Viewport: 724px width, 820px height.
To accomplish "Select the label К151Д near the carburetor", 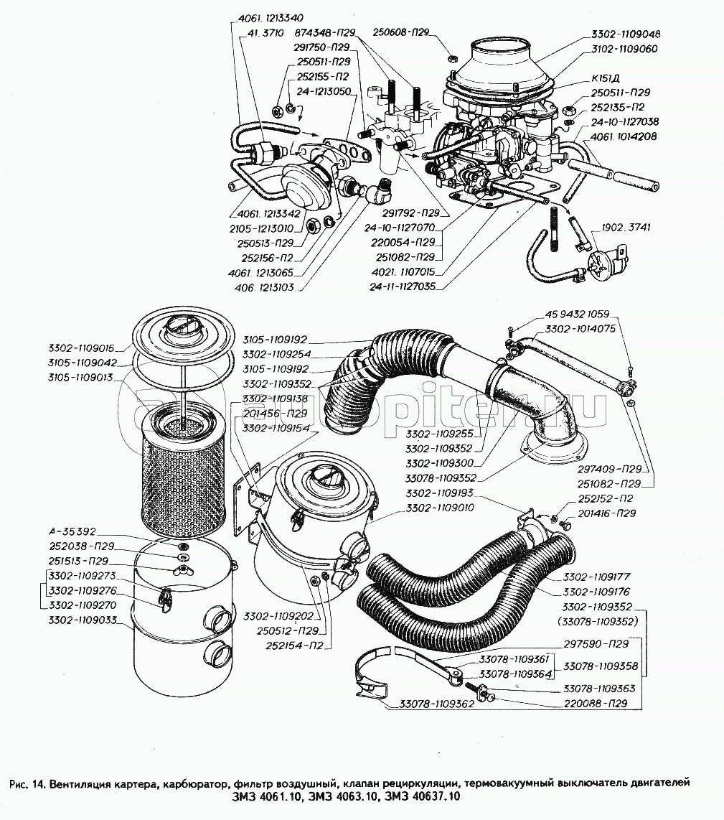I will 606,80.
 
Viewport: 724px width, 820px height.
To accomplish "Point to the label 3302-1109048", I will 626,34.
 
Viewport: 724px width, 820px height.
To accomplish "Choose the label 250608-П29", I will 400,32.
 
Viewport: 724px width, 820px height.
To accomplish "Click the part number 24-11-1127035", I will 403,285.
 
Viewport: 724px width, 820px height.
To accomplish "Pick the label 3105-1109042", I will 85,363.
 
